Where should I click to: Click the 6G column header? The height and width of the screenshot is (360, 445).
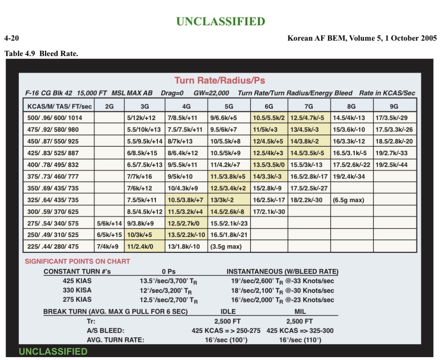tap(269, 106)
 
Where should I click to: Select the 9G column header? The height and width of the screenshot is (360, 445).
tap(394, 106)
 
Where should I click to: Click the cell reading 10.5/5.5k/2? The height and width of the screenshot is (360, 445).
tap(269, 118)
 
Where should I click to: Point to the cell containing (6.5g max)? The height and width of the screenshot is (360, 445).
tap(348, 200)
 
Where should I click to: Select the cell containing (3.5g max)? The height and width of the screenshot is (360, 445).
tap(226, 246)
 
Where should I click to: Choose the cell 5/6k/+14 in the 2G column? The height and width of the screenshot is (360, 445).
tap(109, 223)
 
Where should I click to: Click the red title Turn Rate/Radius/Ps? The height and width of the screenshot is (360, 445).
tap(220, 80)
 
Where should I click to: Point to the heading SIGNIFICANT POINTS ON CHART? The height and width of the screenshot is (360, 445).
tap(78, 261)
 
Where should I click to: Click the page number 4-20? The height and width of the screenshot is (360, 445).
tap(12, 38)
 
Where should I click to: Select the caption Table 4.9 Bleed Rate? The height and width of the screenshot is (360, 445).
tap(41, 53)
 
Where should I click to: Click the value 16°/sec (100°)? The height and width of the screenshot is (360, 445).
tap(226, 340)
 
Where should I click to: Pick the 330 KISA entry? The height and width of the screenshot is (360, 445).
tap(77, 290)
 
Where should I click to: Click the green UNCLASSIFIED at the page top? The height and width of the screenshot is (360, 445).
tap(220, 21)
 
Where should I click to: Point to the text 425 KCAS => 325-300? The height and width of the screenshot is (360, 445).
tap(300, 330)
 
